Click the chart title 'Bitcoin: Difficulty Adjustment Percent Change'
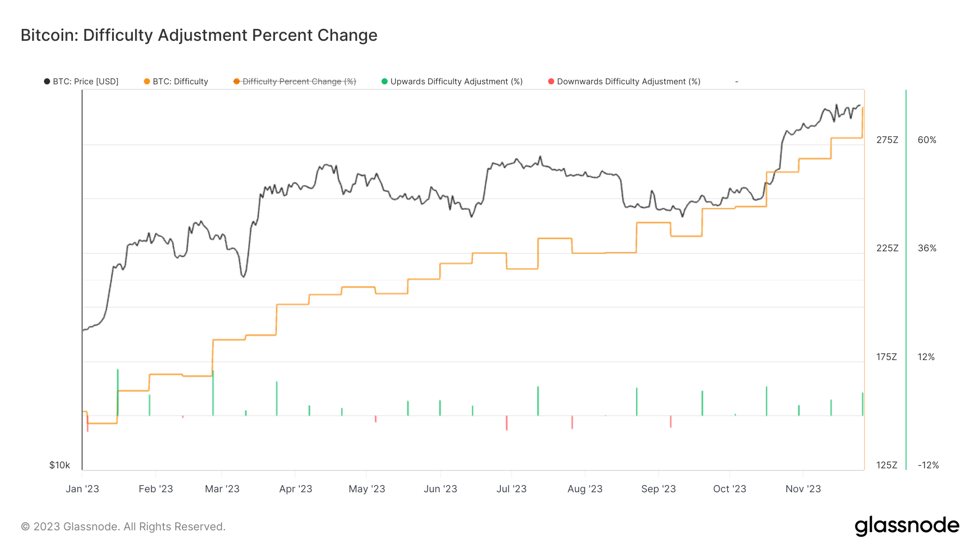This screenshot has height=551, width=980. click(199, 35)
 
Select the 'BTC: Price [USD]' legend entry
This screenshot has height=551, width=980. click(82, 82)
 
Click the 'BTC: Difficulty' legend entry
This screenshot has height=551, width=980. click(176, 82)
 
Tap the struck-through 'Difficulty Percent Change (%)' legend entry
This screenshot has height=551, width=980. click(295, 82)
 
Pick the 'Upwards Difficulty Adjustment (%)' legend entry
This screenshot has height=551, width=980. click(452, 82)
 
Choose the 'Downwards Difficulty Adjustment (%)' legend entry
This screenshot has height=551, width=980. click(624, 82)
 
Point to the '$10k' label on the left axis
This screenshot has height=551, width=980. click(59, 465)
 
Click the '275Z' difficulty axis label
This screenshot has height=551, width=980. click(887, 140)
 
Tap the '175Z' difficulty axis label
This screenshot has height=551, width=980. click(886, 357)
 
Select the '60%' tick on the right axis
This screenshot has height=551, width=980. click(927, 140)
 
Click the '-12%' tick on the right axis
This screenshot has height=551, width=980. click(928, 465)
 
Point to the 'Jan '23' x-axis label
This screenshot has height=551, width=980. click(82, 488)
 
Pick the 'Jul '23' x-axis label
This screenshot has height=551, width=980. click(511, 488)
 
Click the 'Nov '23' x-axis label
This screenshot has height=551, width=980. click(803, 488)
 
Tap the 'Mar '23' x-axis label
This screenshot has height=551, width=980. click(222, 488)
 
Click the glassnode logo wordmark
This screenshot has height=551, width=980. click(906, 526)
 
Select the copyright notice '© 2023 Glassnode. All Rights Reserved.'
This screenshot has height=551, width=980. click(123, 527)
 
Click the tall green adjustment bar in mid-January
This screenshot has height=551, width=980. click(118, 392)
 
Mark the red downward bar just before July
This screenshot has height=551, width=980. click(506, 423)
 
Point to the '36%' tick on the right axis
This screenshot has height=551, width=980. click(927, 248)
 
